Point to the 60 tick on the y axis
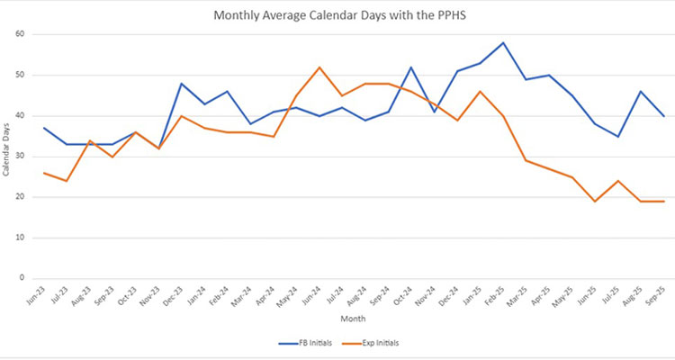pyautogui.click(x=21, y=34)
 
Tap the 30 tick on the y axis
pyautogui.click(x=21, y=156)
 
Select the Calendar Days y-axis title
pyautogui.click(x=8, y=156)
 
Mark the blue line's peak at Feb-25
pyautogui.click(x=504, y=42)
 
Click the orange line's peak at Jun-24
pyautogui.click(x=319, y=67)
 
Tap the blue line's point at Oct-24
pyautogui.click(x=411, y=67)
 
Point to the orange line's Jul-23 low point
pyautogui.click(x=66, y=181)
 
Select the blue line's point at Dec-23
pyautogui.click(x=181, y=84)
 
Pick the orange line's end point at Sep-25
pyautogui.click(x=664, y=201)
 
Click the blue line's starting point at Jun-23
pyautogui.click(x=43, y=128)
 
